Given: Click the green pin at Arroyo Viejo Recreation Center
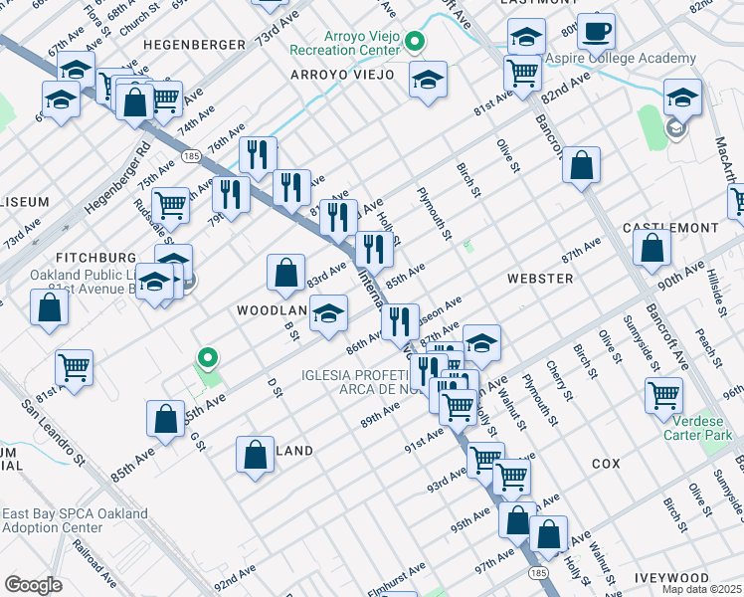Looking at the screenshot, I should [x=416, y=42].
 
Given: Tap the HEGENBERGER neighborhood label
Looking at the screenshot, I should [x=193, y=46].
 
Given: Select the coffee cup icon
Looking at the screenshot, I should [x=596, y=30].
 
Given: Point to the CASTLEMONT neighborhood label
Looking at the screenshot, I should [x=669, y=228].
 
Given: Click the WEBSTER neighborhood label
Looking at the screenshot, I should [x=539, y=279].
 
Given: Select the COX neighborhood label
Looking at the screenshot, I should [x=606, y=465].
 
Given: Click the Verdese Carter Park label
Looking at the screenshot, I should [x=697, y=428].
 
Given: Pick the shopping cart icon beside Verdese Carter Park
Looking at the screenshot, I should [x=663, y=394].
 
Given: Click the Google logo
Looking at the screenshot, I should [x=33, y=585].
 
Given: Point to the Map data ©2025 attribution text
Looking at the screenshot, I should [x=701, y=589].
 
